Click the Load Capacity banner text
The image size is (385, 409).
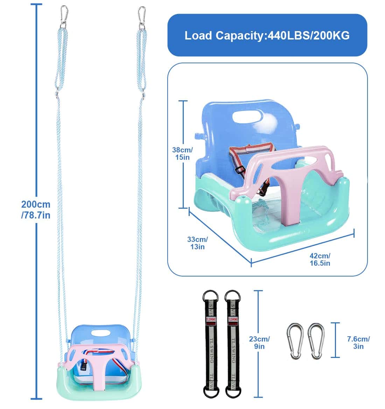[267, 35]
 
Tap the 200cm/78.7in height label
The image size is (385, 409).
[36, 209]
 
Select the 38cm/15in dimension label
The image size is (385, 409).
[182, 153]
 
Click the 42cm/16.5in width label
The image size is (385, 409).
[320, 259]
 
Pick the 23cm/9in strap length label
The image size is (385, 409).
[260, 343]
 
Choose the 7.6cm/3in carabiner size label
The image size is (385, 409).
[358, 343]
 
